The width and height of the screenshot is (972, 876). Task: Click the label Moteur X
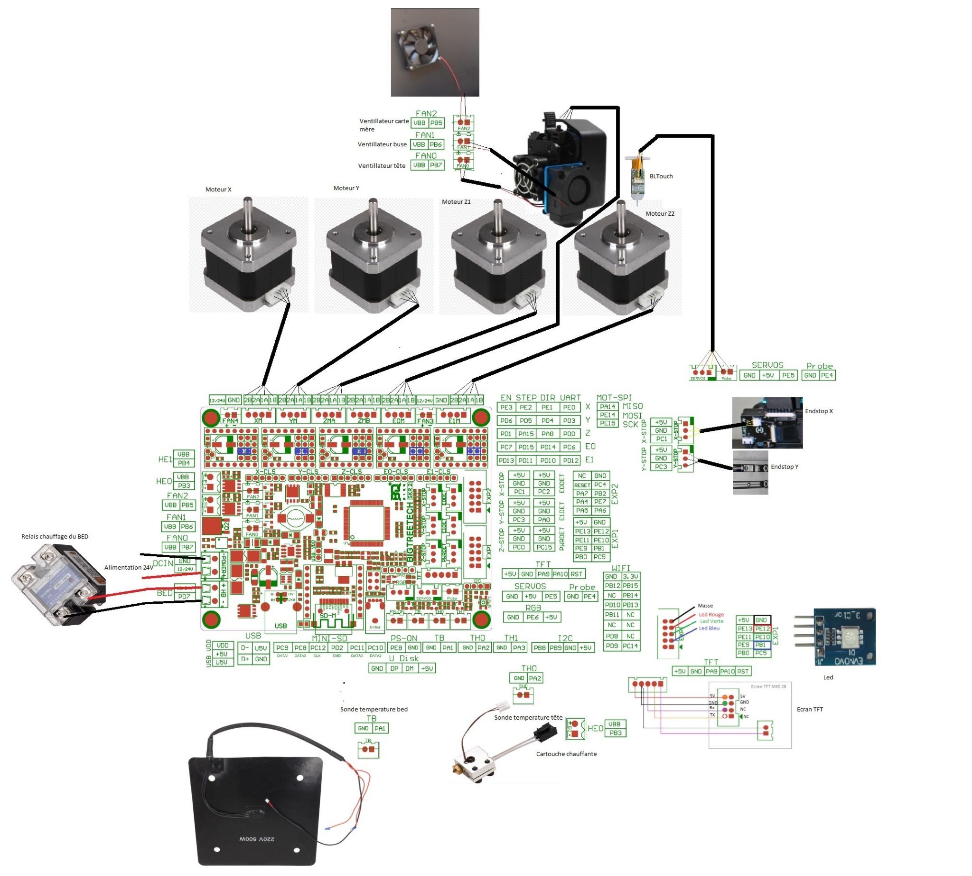pos(218,190)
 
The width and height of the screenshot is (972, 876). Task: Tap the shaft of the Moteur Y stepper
pos(373,217)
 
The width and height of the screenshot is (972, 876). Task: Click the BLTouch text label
pos(661,176)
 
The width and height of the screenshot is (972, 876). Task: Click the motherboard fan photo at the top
pos(434,52)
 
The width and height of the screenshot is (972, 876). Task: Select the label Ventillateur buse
pos(382,144)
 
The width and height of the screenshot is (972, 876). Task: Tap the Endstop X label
pos(819,411)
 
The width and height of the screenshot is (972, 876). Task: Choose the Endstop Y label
pos(784,467)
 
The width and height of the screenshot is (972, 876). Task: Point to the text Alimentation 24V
pos(129,568)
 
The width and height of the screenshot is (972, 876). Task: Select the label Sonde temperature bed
pos(373,709)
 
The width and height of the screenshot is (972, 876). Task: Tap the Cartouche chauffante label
pos(566,754)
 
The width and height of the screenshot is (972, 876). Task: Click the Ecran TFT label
pos(809,709)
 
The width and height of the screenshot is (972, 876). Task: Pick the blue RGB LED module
pos(843,637)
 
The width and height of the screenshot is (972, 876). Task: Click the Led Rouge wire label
pos(711,615)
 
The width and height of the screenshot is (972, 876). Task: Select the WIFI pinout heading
pos(620,568)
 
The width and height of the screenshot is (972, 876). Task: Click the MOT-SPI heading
pos(614,398)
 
